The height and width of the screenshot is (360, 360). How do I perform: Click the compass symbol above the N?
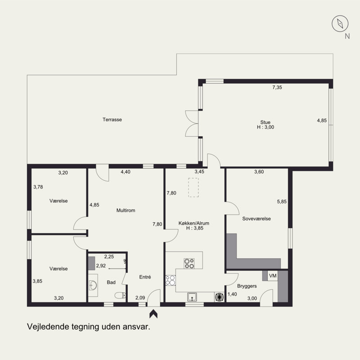340,24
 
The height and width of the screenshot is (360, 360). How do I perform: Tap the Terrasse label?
112,120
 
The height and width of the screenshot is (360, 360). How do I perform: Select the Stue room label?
265,122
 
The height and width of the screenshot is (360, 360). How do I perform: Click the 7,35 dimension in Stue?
277,87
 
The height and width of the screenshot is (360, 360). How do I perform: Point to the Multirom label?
126,210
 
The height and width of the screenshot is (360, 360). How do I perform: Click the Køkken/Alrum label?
194,223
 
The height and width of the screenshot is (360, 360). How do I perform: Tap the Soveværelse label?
256,219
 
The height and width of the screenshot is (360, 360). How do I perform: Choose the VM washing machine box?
273,275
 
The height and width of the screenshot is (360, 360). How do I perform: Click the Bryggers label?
247,286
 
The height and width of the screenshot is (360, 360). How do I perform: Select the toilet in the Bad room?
120,295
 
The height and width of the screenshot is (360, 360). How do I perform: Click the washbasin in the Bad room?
93,285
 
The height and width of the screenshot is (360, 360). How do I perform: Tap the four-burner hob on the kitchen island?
189,263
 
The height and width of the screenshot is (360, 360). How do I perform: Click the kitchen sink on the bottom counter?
192,297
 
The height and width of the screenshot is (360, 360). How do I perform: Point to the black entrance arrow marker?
153,314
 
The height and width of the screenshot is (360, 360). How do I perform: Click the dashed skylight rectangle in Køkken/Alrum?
193,187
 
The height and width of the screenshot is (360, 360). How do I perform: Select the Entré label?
145,277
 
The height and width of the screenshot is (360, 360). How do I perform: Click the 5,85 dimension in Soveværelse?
282,202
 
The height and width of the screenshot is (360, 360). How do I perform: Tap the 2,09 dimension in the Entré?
140,298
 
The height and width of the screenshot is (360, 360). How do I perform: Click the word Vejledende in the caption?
48,327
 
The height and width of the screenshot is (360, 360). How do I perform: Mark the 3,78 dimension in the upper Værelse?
38,187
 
